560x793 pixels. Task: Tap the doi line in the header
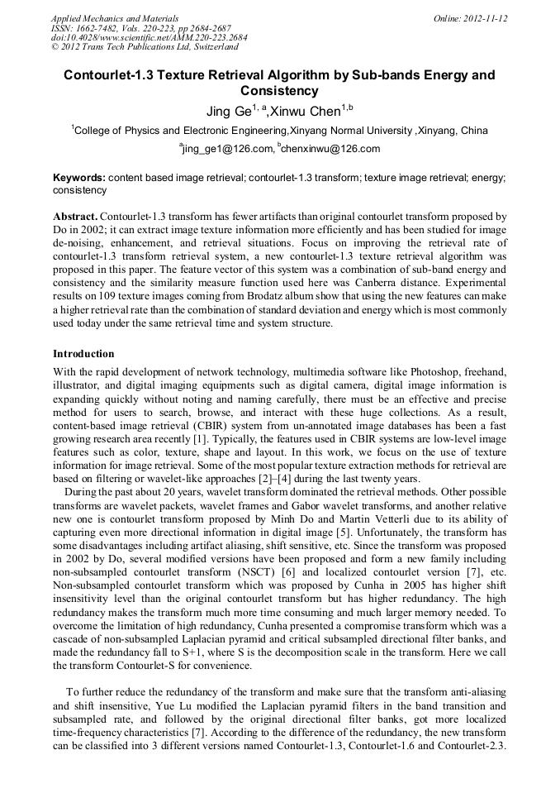(x=149, y=38)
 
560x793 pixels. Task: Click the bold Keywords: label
(x=79, y=178)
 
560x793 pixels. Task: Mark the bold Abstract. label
(x=75, y=215)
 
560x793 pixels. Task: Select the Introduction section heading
(x=83, y=353)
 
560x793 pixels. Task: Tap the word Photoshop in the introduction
(x=410, y=373)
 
